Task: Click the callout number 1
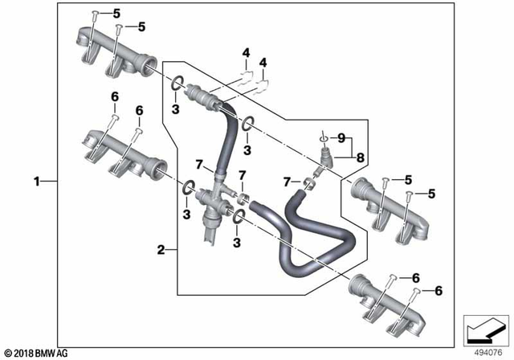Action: (35, 182)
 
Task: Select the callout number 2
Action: (161, 250)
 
